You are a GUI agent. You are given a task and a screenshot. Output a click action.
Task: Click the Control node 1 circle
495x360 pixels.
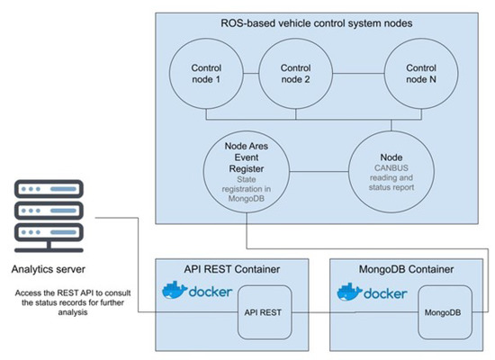point(206,74)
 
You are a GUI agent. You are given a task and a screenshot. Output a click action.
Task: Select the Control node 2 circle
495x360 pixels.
point(296,74)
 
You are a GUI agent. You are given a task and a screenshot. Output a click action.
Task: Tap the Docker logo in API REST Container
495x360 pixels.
point(197,293)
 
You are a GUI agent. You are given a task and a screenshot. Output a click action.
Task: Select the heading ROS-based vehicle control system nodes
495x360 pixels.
point(322,22)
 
